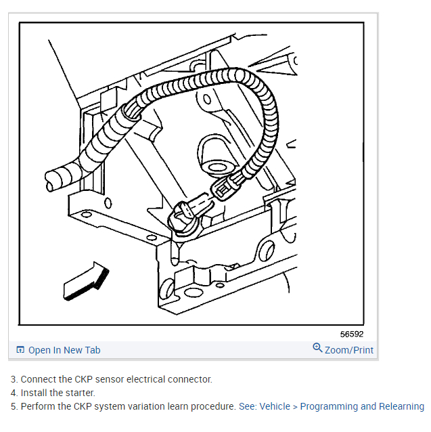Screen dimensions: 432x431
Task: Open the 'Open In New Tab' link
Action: point(64,350)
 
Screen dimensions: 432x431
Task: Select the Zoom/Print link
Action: point(348,350)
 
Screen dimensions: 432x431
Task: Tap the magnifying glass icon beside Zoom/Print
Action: point(317,348)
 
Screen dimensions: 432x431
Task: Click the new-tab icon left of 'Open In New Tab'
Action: point(20,350)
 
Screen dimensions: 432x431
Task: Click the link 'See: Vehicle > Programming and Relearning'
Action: point(331,406)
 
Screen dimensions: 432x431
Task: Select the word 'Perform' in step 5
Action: point(38,406)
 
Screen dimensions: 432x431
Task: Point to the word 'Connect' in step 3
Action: point(38,379)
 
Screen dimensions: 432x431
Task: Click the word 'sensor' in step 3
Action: point(95,379)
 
